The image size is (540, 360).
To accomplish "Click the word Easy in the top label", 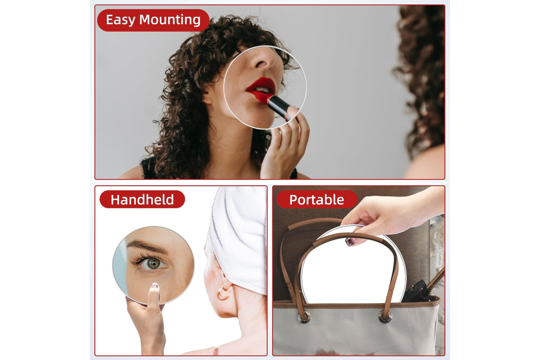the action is [121, 20].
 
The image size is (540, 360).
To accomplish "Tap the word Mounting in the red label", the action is [170, 20].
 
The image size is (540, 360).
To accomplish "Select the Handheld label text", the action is [142, 200].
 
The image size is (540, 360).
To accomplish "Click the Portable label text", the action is [316, 200].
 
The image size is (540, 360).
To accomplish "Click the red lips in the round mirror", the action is [261, 89].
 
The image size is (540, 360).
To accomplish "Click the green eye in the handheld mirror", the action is [153, 264].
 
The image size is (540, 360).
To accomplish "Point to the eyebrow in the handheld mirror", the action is [147, 246].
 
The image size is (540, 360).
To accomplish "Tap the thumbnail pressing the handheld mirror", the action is [154, 286].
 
